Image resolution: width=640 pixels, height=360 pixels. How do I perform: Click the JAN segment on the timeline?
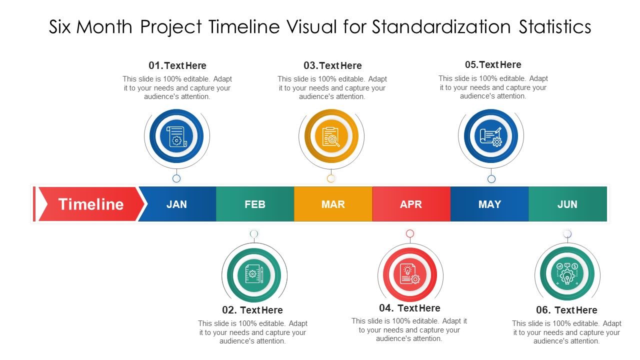click(176, 204)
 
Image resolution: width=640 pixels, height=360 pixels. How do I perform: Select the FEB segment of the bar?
click(255, 204)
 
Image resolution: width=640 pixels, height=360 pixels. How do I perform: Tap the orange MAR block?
click(333, 204)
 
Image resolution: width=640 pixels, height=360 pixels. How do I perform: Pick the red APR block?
click(411, 204)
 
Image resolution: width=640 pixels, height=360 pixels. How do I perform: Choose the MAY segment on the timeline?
click(489, 204)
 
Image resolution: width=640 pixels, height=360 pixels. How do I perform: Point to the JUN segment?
click(567, 204)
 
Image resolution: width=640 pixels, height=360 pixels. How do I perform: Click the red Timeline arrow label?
click(90, 204)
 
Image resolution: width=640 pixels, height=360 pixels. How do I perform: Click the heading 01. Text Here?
click(177, 65)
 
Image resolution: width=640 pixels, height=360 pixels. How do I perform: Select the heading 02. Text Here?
click(252, 310)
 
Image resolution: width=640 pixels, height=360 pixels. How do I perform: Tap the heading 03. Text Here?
click(332, 65)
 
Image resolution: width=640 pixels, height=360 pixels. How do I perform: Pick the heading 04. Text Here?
click(409, 308)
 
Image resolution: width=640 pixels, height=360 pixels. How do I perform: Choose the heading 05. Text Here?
click(493, 64)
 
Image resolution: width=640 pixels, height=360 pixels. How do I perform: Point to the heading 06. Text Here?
click(566, 310)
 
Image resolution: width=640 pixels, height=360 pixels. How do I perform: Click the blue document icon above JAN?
click(176, 136)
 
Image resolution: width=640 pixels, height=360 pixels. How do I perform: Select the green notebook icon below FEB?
click(254, 274)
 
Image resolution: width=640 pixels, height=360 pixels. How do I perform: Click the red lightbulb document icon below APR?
click(410, 274)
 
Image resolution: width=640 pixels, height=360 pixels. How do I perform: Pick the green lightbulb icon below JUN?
click(567, 273)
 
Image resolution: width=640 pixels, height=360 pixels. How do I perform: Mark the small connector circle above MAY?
click(491, 179)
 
